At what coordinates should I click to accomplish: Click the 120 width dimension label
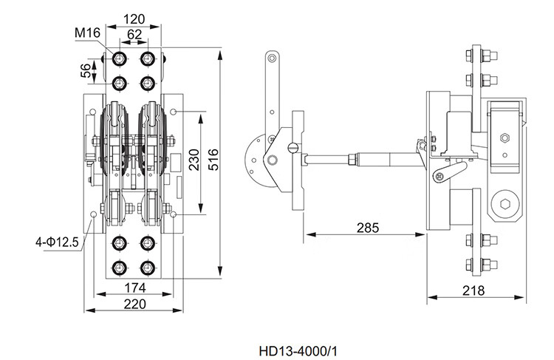click(x=134, y=18)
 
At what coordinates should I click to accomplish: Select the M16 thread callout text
click(x=87, y=33)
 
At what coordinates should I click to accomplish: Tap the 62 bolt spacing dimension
click(x=134, y=34)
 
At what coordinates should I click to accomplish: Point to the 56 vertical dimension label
click(x=86, y=71)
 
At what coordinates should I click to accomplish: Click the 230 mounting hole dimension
click(x=194, y=160)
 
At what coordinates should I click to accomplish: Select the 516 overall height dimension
click(x=213, y=160)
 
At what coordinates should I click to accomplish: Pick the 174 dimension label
click(x=135, y=288)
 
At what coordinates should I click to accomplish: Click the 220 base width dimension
click(x=135, y=304)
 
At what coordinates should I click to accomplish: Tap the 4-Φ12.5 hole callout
click(x=57, y=242)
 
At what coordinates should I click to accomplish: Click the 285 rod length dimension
click(x=367, y=228)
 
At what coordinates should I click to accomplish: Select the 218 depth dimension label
click(x=473, y=291)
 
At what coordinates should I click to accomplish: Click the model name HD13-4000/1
click(x=298, y=351)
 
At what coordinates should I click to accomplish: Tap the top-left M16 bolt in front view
click(x=120, y=58)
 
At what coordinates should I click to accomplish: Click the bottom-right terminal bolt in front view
click(x=147, y=268)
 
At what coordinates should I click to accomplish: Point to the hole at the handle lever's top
click(x=271, y=58)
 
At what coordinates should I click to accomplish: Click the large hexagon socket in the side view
click(x=505, y=204)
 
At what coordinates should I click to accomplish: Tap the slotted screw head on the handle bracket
click(x=293, y=148)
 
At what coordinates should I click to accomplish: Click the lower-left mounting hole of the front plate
click(x=94, y=214)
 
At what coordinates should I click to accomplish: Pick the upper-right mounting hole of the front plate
click(x=173, y=112)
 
